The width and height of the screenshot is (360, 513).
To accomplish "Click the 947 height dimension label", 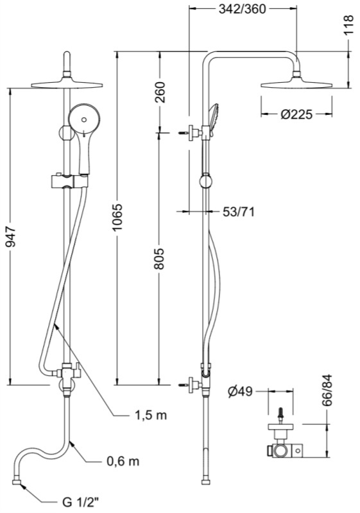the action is tap(11, 235).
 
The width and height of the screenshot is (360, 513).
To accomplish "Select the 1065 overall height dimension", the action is tap(117, 217).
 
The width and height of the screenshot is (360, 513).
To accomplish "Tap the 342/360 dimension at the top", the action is tap(242, 9).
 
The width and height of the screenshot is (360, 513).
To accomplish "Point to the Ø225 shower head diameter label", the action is tap(296, 114).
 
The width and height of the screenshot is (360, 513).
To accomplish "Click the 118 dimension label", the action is tap(349, 25).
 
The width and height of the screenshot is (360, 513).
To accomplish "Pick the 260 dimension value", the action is tap(159, 92).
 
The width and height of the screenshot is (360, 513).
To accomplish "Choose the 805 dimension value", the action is tap(159, 259).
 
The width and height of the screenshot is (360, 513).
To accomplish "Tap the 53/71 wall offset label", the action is tap(239, 212).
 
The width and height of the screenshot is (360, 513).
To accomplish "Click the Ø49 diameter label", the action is tap(241, 391).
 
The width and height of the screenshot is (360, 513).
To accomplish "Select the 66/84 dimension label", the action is tap(327, 390).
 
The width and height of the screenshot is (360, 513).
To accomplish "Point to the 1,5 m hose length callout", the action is tap(151, 415).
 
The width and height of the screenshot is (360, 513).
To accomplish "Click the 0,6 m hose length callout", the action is tap(123, 461).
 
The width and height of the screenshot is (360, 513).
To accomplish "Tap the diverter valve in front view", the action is tap(67, 373).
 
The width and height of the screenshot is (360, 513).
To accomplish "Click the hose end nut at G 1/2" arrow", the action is tap(17, 482).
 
